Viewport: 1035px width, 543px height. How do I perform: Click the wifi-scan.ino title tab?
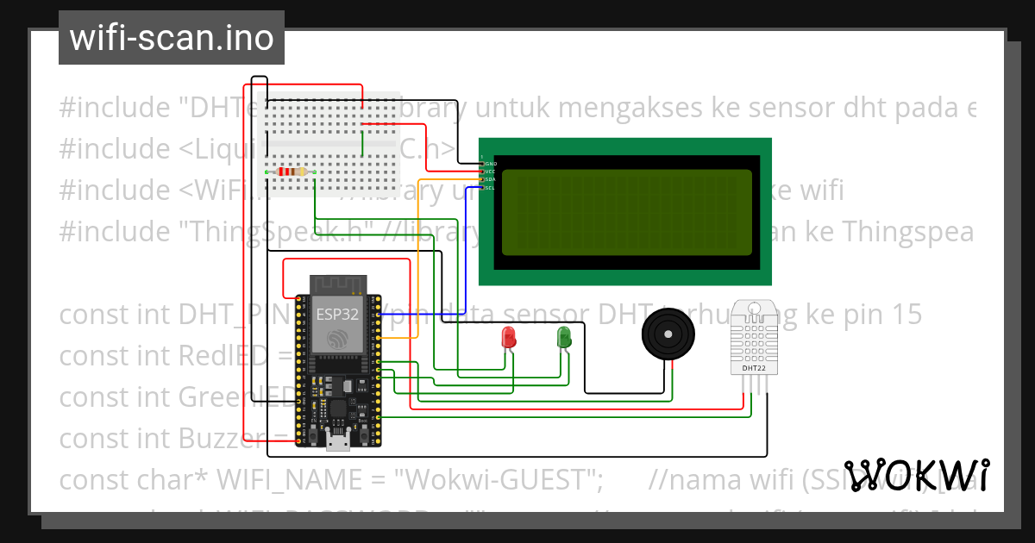coord(171,38)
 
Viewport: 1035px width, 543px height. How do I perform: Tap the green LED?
coord(564,336)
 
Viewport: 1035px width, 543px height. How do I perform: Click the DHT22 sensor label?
coord(754,368)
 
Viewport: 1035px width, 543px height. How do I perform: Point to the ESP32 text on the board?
coord(336,314)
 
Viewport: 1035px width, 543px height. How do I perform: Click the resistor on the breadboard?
coord(292,172)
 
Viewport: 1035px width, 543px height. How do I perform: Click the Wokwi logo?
coord(917,475)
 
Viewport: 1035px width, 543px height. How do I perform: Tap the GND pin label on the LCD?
coord(490,163)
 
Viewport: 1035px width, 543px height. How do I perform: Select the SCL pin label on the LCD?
coord(489,187)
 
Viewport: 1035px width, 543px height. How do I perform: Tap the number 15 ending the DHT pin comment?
coord(905,315)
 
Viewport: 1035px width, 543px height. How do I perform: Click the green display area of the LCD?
coord(625,211)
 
